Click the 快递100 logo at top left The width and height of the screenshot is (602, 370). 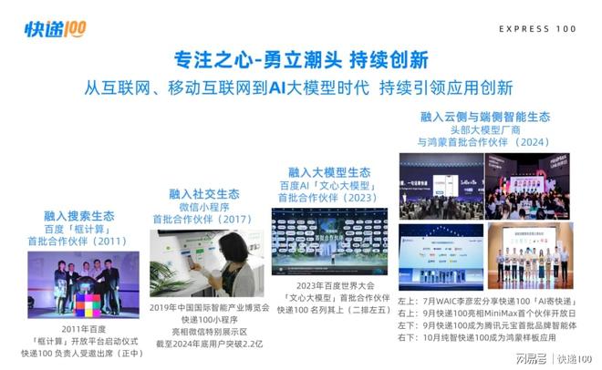(55, 30)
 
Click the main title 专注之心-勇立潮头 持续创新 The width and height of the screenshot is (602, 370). (300, 61)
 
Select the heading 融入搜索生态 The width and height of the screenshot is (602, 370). (79, 216)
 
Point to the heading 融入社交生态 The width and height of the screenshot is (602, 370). (203, 194)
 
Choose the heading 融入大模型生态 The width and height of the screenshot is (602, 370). (329, 171)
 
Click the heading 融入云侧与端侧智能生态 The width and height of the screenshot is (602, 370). (484, 118)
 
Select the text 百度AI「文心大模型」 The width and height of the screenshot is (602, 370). (329, 185)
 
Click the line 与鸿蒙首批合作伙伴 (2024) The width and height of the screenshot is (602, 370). (484, 143)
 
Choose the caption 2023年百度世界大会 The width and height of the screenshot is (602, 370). (329, 283)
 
